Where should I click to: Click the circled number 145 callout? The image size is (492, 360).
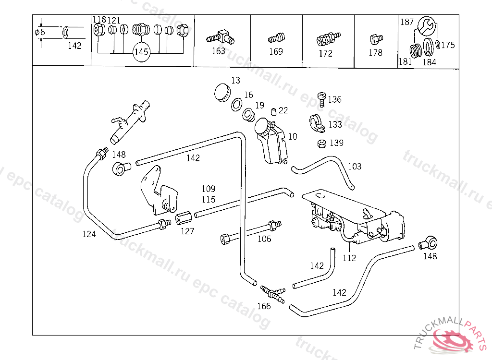click(141, 52)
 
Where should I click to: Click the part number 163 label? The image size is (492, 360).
click(219, 51)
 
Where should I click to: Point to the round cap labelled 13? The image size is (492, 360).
click(221, 92)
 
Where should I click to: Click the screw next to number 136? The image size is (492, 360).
click(321, 99)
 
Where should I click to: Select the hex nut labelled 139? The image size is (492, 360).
click(323, 143)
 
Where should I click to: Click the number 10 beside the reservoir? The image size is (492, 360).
click(293, 137)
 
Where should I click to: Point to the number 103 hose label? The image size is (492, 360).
click(354, 167)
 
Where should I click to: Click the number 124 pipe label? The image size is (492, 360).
click(89, 234)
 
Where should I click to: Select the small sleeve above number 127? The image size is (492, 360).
click(183, 219)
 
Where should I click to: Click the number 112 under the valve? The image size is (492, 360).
click(349, 258)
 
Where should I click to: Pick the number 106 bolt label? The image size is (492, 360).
click(264, 239)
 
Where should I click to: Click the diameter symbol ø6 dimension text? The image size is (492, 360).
click(40, 33)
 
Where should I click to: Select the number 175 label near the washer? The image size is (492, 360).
click(448, 45)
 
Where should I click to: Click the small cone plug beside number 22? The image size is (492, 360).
click(273, 112)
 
